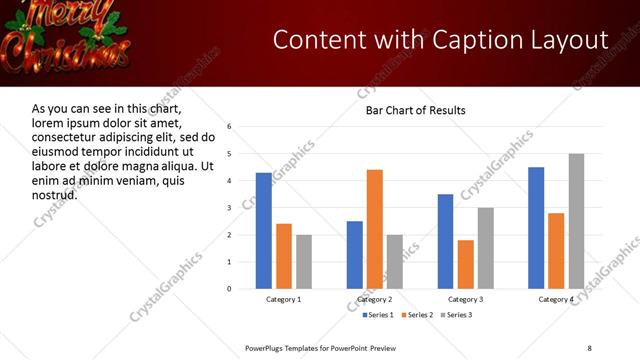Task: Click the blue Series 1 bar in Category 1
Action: pos(264,231)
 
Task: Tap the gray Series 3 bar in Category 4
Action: pos(576,221)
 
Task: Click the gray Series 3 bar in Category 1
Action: pos(304,262)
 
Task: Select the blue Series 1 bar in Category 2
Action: pos(355,255)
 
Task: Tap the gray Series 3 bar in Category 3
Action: pos(486,248)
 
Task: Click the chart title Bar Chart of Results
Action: pos(415,110)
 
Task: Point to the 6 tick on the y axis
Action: pos(230,127)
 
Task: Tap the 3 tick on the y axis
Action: pos(230,208)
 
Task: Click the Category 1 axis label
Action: pos(284,300)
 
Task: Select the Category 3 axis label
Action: pos(465,300)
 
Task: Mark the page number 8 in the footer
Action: pos(589,347)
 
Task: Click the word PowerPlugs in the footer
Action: pos(267,347)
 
